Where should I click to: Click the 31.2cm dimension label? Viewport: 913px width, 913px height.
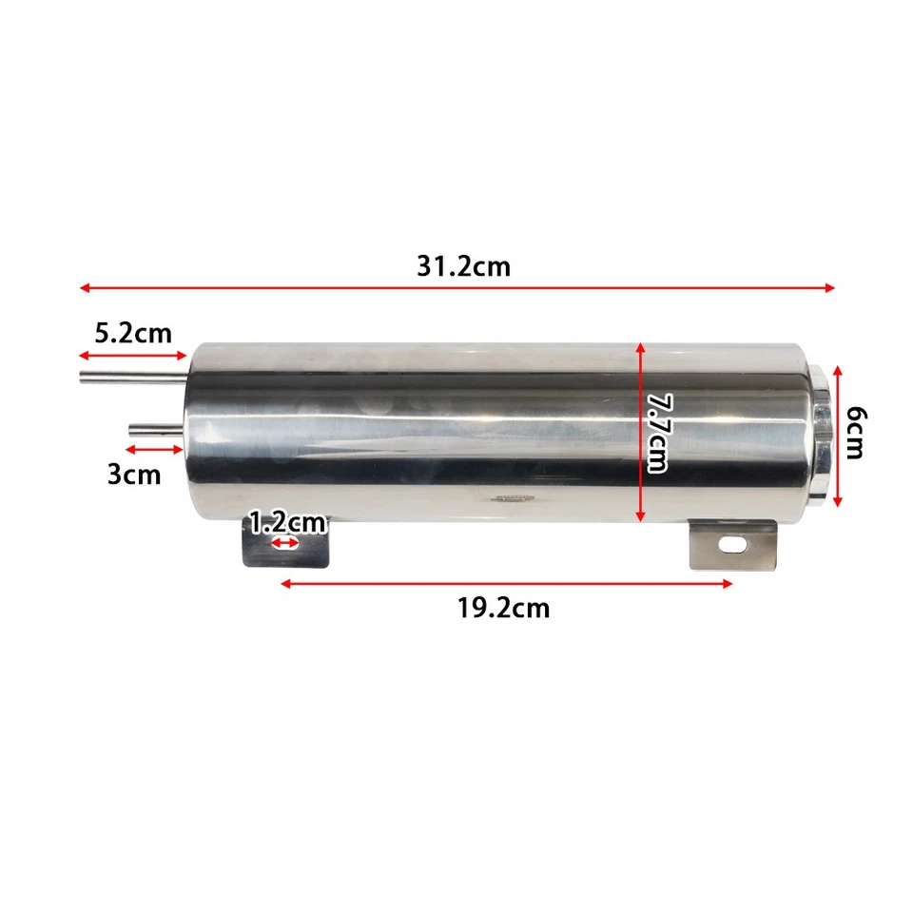(x=463, y=266)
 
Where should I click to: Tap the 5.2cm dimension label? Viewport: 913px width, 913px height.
(x=133, y=333)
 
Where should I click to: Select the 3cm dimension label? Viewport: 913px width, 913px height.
(x=134, y=473)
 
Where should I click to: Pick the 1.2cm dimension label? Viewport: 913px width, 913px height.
(x=287, y=522)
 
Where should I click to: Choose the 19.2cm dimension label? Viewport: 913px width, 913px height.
(x=503, y=608)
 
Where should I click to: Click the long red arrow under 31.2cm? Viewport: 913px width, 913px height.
(x=456, y=287)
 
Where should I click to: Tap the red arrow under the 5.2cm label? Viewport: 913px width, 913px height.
(x=133, y=356)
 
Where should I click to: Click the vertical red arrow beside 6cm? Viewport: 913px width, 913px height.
(x=837, y=435)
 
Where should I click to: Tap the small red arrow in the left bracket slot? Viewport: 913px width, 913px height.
(x=284, y=544)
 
